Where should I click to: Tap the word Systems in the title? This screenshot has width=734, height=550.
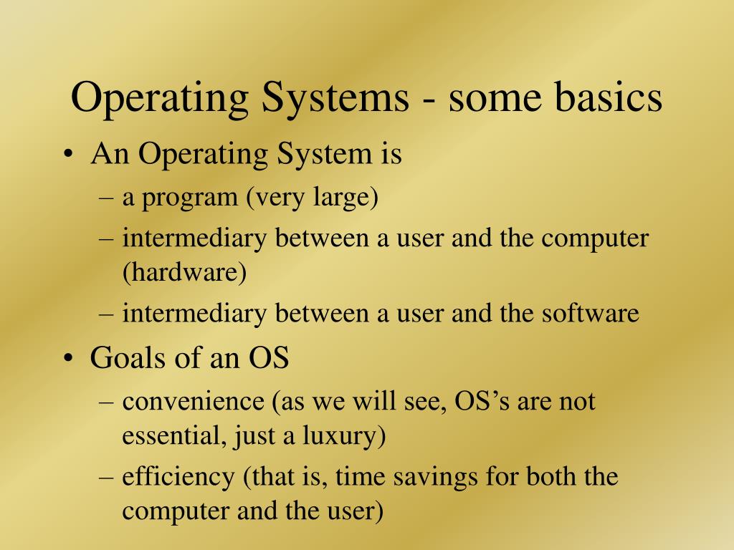(329, 98)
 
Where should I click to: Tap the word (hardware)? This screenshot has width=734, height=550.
(183, 273)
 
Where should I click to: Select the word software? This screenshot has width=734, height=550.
(592, 313)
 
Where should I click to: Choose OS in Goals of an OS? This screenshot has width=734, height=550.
(269, 358)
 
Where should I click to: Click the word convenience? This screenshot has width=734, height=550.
(193, 401)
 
